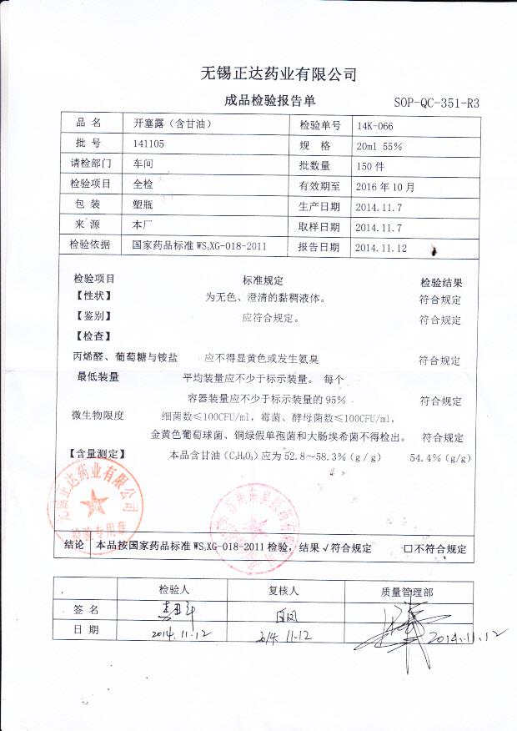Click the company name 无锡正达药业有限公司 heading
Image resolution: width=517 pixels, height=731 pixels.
[x=279, y=74]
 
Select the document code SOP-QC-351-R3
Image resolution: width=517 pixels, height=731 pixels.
[x=436, y=103]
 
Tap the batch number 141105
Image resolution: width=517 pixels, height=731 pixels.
[x=148, y=145]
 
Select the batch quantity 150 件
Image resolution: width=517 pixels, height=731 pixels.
[x=369, y=166]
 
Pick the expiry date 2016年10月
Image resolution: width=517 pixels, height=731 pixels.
[x=385, y=186]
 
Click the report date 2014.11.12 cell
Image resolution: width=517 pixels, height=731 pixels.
[x=380, y=247]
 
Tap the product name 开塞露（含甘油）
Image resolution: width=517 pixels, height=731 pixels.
[x=168, y=124]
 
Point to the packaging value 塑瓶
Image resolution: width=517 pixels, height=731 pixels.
[x=143, y=205]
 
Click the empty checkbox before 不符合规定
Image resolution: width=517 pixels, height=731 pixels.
[x=408, y=549]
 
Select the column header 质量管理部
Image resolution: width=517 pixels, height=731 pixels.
[x=407, y=591]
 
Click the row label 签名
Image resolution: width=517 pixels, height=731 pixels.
[x=87, y=610]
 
